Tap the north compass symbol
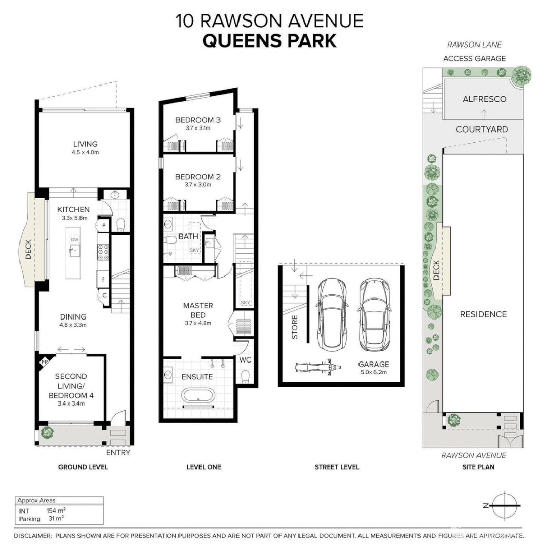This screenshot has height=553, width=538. (505, 505)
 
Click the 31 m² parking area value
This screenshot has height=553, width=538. (56, 518)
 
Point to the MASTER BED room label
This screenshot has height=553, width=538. (197, 310)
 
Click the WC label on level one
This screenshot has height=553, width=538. (245, 360)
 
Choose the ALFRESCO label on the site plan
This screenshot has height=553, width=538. (484, 99)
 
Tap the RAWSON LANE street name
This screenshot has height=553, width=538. (474, 45)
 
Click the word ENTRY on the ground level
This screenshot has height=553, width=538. (118, 453)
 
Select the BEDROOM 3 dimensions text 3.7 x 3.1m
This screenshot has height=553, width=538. (197, 129)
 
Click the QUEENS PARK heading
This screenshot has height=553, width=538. (269, 40)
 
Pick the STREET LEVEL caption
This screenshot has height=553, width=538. (336, 467)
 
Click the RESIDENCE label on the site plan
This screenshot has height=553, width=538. (483, 314)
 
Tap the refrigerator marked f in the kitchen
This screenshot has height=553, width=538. (103, 280)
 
